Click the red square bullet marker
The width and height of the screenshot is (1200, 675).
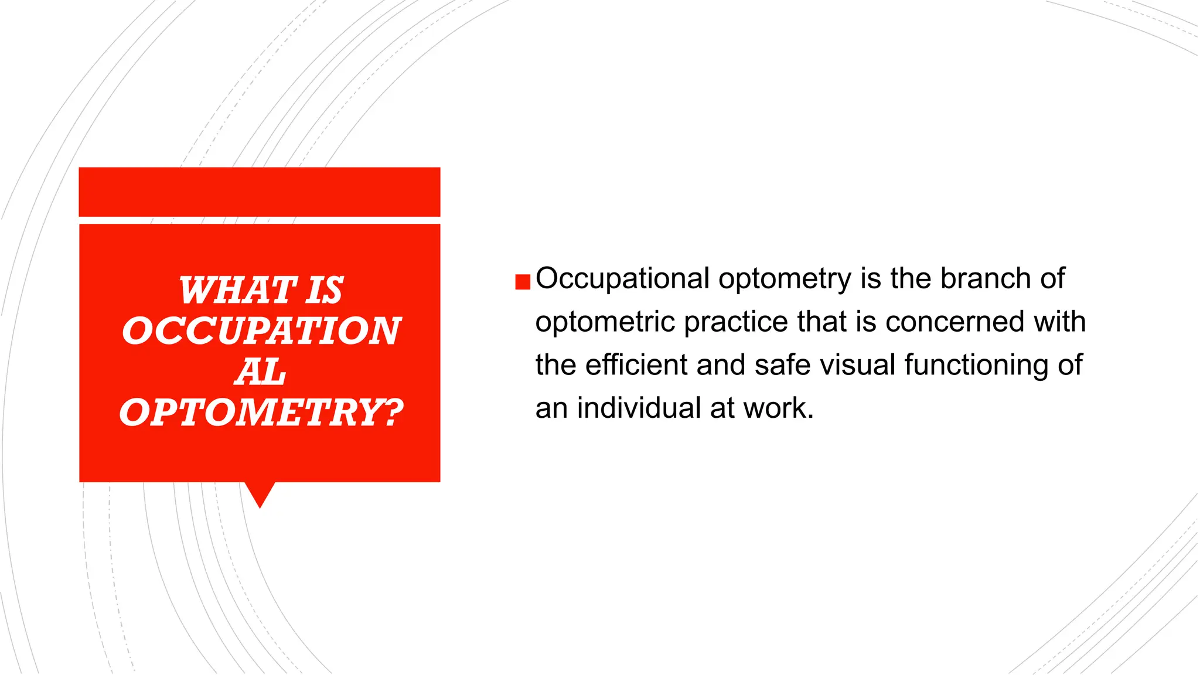point(523,282)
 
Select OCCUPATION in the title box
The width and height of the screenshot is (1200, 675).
point(261,330)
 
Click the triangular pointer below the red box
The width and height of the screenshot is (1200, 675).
point(260,493)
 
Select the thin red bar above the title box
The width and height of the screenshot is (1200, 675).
point(260,192)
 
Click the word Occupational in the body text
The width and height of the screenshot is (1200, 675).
point(622,279)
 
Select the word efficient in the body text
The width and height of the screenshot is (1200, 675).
point(636,364)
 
